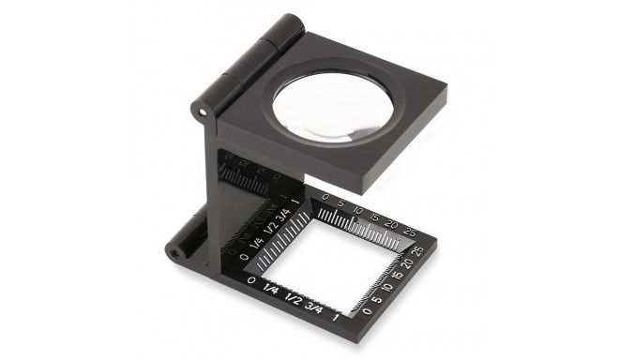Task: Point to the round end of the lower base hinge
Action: coord(174,251)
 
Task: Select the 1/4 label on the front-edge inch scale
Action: coord(271,289)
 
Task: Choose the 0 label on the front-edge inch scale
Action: coord(249,282)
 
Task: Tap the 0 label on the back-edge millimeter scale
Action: coord(325,198)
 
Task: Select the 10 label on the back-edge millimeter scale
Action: coord(356,210)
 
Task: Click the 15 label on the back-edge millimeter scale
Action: coord(373,217)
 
